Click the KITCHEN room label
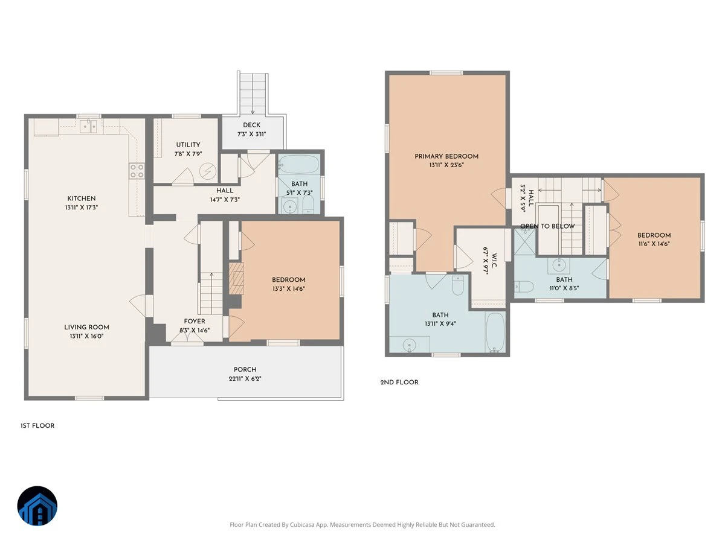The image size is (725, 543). [81, 198]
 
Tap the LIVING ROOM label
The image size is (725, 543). [86, 327]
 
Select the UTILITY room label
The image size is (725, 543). [188, 145]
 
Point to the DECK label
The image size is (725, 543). [252, 125]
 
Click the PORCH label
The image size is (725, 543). [245, 370]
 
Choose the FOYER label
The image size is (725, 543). [195, 321]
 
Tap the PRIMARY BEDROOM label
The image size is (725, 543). [446, 156]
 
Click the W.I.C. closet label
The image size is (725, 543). [494, 261]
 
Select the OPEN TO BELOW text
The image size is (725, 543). [547, 226]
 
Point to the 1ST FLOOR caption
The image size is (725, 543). [37, 425]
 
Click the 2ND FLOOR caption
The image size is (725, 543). [399, 383]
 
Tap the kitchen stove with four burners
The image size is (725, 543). [137, 171]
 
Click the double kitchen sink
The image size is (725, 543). [89, 127]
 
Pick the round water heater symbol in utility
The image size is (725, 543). [208, 171]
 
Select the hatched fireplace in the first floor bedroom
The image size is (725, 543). [236, 278]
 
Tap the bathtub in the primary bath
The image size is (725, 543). [495, 332]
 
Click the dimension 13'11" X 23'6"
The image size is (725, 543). [446, 165]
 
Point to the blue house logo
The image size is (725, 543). [37, 506]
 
